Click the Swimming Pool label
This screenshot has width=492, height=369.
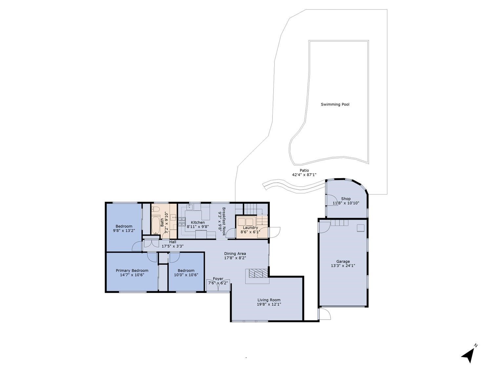point(335,104)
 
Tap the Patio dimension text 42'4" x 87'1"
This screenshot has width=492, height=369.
point(304,175)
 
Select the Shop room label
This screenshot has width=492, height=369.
point(346,199)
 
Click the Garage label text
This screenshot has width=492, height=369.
point(343,261)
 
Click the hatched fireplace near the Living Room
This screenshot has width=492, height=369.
point(257,274)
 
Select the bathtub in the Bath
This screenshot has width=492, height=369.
point(155,225)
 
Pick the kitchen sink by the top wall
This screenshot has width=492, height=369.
point(189,207)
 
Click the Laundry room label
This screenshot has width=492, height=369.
point(250,228)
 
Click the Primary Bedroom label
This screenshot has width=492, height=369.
point(132,271)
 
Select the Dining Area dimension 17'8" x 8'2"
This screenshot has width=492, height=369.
point(235,258)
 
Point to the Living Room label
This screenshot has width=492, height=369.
point(269,300)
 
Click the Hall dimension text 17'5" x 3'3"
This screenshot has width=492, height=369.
point(173,246)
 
